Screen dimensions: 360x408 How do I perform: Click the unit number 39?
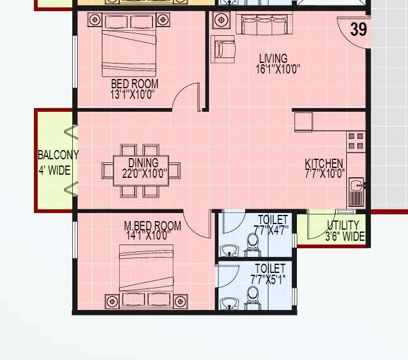click(x=359, y=29)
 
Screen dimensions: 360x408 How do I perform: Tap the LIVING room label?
click(x=273, y=59)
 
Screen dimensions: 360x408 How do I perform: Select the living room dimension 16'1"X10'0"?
click(x=278, y=69)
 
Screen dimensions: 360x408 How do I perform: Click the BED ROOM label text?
click(x=135, y=84)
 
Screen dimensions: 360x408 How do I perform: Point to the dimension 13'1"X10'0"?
click(x=131, y=94)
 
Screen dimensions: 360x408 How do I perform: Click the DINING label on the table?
click(x=143, y=163)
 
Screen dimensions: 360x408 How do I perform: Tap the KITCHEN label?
click(x=324, y=164)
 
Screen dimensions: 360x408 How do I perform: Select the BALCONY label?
click(x=58, y=155)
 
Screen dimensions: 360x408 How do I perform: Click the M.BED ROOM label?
click(x=152, y=225)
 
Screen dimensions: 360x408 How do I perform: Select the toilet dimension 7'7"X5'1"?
click(x=269, y=278)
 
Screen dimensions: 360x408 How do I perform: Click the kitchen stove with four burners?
click(x=356, y=141)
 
